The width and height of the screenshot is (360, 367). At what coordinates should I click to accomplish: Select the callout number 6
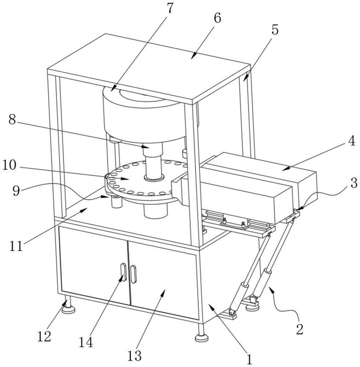(217, 18)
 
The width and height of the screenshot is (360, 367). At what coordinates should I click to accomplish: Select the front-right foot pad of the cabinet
(200, 339)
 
